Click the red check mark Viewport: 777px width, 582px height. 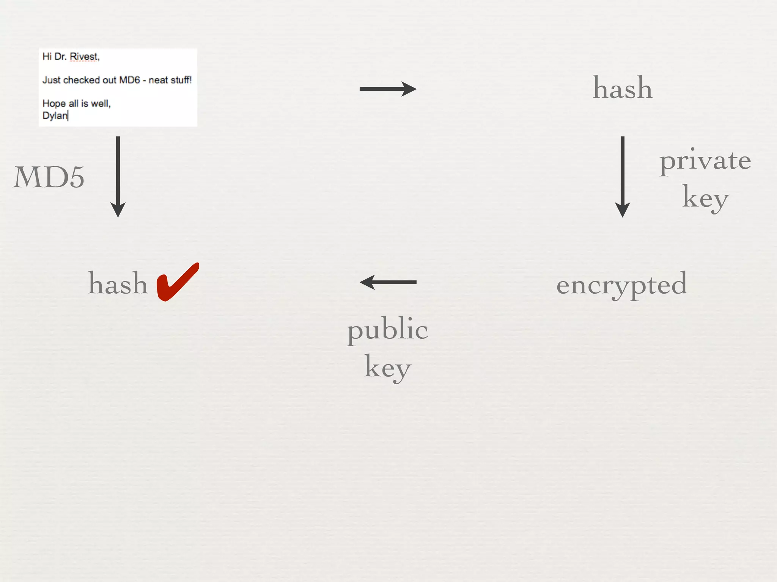(x=177, y=282)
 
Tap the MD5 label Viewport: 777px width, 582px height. (x=49, y=177)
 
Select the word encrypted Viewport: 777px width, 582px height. (x=622, y=284)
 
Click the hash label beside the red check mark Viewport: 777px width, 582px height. (x=118, y=283)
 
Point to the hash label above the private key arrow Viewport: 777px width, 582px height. (x=623, y=88)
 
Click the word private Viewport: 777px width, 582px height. (x=705, y=161)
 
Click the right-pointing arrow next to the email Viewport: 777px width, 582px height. (x=388, y=89)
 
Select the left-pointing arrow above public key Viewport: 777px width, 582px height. (x=388, y=282)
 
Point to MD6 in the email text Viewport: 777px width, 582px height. (x=129, y=80)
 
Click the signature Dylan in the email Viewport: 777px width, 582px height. (x=55, y=116)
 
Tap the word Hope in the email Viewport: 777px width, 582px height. (x=54, y=103)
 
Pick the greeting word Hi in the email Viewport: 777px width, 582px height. (x=47, y=57)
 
